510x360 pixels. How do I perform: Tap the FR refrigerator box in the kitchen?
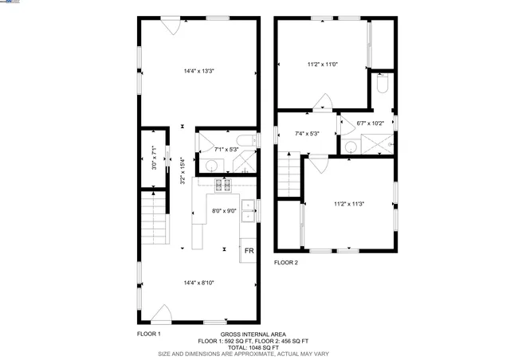[x=249, y=251]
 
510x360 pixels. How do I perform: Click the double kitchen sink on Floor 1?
[x=249, y=209]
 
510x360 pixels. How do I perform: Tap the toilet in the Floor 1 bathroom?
[x=249, y=143]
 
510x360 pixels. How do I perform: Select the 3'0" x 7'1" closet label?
[x=155, y=157]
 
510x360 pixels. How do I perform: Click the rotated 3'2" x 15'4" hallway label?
[x=182, y=170]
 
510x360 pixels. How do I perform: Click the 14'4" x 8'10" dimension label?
[x=199, y=281]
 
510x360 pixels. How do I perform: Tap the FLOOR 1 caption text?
[x=149, y=334]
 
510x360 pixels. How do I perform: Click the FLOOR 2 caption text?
[x=286, y=262]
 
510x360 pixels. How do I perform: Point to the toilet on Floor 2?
[x=381, y=84]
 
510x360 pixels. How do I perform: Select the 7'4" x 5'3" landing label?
[x=307, y=134]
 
